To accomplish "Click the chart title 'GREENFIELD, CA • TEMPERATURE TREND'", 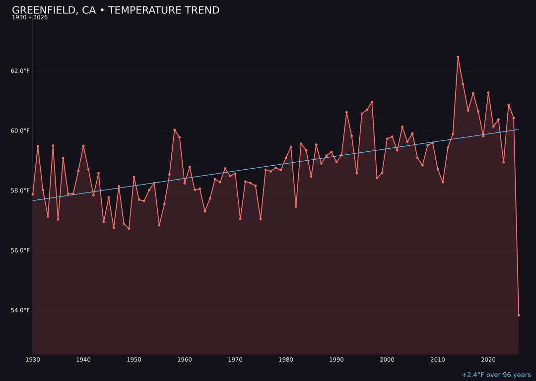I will pos(116,10).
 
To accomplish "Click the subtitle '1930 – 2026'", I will pos(30,18).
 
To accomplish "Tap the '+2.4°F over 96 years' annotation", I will pos(496,375).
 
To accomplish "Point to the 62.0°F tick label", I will pos(20,71).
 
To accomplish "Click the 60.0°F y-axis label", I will pos(20,131).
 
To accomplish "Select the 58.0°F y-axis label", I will pos(20,190).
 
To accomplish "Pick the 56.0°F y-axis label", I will pos(20,251).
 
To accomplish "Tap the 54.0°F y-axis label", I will pos(20,311).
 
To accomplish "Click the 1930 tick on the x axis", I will pos(33,359).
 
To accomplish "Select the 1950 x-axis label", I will pos(134,359).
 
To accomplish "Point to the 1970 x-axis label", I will pos(235,359).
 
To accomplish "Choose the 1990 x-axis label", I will pos(336,359).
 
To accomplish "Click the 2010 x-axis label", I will pos(438,359).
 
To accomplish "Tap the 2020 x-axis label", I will pos(488,359).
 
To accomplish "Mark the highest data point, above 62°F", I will pos(458,57).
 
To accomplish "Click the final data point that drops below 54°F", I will pos(519,315).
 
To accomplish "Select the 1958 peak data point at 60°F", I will pos(174,130).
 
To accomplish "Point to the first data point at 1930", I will pos(33,194).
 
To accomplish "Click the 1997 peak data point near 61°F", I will pos(372,102).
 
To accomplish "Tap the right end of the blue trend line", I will pos(519,129).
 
